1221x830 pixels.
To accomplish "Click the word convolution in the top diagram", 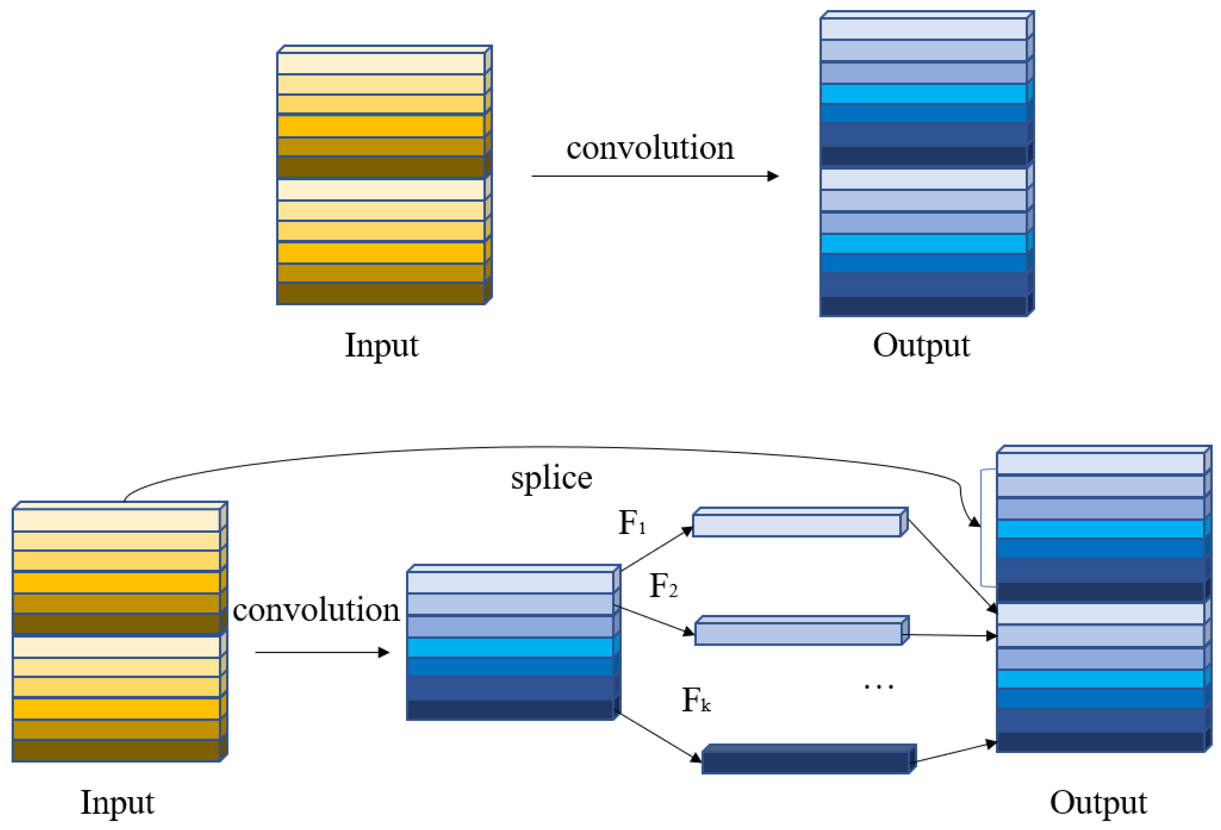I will click(650, 148).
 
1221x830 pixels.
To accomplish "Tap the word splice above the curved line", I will click(551, 478).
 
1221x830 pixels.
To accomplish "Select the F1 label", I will click(632, 523).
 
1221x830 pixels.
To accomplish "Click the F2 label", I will click(663, 586).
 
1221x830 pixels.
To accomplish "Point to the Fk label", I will click(696, 700).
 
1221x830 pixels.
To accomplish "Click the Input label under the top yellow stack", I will click(381, 346).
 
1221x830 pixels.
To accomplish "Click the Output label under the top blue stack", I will click(921, 346).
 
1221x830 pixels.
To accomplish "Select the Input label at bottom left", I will click(117, 803).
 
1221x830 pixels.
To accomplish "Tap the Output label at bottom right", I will click(1098, 803).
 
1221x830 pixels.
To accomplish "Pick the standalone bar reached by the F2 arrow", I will click(798, 634).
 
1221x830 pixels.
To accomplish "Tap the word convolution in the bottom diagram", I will click(316, 610).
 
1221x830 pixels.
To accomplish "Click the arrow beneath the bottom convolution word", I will click(322, 652).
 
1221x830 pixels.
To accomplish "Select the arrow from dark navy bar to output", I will click(953, 752).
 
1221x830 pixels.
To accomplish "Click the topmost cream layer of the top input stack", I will click(381, 63).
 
